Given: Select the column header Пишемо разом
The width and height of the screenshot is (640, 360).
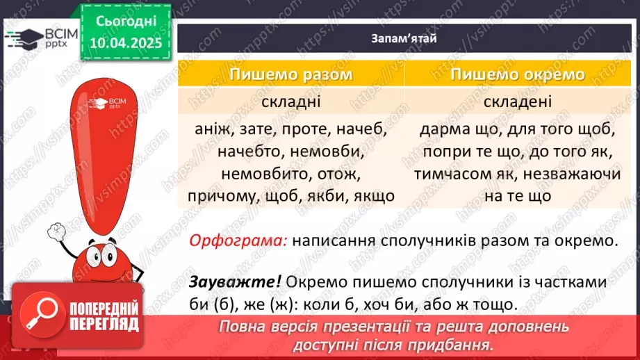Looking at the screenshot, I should pos(291,74).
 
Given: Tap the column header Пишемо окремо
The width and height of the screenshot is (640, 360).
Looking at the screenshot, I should pos(517,74).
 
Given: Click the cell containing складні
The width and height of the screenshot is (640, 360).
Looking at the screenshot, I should pos(291,101).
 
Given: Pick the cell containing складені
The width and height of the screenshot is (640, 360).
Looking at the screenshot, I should pos(517,101).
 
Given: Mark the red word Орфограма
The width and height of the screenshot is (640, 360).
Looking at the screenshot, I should pos(238,241).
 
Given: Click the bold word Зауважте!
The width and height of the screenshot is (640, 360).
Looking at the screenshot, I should pos(235,284).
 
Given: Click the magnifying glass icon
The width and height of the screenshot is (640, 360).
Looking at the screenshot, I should pos(39,316).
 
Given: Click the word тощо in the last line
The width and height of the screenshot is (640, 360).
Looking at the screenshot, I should pos(496,304).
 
